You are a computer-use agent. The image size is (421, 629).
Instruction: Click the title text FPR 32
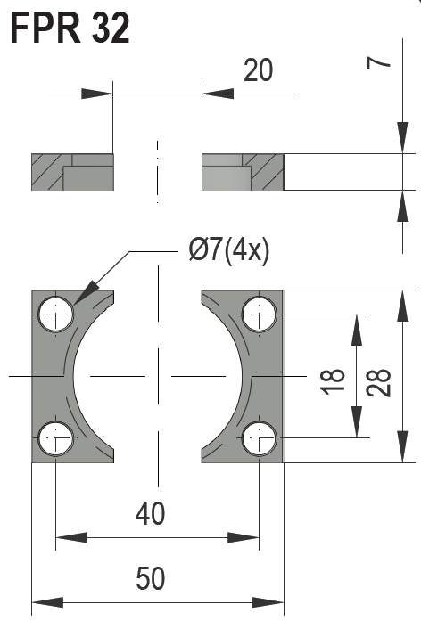coord(70,29)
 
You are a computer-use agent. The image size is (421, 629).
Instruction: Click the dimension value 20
coord(258,69)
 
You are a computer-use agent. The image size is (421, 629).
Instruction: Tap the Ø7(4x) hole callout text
coord(228,252)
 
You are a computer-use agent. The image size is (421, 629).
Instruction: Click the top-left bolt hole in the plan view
coord(55,313)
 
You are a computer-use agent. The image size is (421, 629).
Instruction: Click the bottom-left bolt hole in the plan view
coord(55,437)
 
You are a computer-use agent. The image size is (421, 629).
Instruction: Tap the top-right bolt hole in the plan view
coord(259,313)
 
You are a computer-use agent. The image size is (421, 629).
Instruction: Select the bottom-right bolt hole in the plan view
coord(259,437)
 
